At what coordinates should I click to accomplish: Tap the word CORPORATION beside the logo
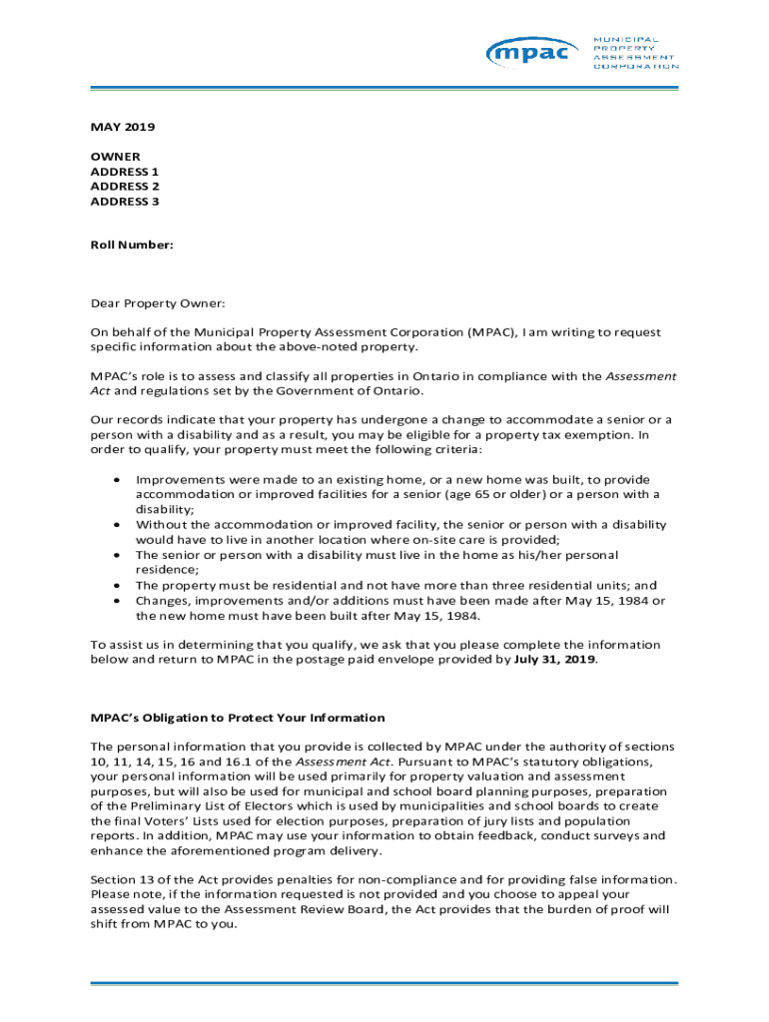point(636,66)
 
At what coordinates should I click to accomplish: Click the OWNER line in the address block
point(116,157)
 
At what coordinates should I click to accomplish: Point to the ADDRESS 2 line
point(125,187)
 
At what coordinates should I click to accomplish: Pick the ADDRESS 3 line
point(125,202)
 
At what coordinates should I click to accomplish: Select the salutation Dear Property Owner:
point(158,302)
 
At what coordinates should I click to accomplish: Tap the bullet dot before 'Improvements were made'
point(118,480)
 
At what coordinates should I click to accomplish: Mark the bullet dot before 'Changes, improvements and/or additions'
point(118,601)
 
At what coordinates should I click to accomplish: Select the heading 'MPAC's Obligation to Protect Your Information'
point(238,718)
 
